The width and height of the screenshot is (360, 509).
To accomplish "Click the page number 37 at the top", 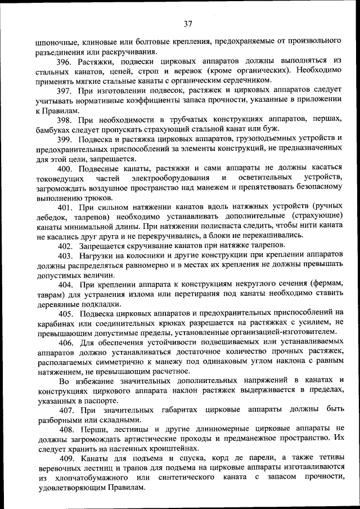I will pos(188,24).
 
